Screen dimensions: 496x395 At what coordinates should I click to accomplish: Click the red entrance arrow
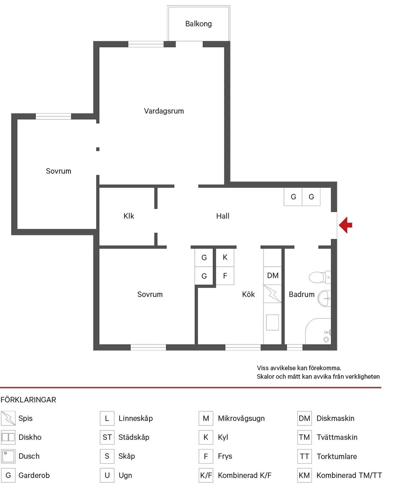click(x=345, y=225)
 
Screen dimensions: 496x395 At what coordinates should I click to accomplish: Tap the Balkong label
click(x=198, y=24)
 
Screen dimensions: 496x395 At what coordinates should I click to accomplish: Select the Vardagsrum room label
click(x=164, y=111)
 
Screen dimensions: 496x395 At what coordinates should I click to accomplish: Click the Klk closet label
click(x=129, y=216)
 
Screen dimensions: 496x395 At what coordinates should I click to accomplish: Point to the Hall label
click(x=223, y=216)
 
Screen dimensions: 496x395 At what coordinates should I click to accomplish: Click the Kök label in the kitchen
click(x=248, y=294)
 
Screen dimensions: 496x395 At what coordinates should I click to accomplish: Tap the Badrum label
click(x=302, y=294)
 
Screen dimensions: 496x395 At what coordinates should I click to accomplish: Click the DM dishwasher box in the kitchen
click(x=273, y=275)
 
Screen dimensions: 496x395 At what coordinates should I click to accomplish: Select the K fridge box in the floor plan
click(x=225, y=258)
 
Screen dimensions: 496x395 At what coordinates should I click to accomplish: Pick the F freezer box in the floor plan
click(x=225, y=276)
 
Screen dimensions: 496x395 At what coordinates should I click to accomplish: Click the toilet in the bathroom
click(x=319, y=277)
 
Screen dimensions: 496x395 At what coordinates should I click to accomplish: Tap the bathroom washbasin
click(x=324, y=299)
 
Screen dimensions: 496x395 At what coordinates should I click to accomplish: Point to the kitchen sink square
click(x=273, y=322)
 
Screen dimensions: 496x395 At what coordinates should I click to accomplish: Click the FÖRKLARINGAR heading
click(x=28, y=400)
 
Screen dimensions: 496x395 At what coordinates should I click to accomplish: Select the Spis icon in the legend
click(x=8, y=418)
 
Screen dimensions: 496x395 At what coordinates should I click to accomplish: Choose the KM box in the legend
click(x=304, y=475)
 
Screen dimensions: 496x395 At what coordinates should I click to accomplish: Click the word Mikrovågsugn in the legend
click(x=241, y=418)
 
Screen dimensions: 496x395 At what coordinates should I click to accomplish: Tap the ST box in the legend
click(x=107, y=437)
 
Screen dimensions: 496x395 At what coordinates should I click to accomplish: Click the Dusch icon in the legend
click(x=8, y=456)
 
